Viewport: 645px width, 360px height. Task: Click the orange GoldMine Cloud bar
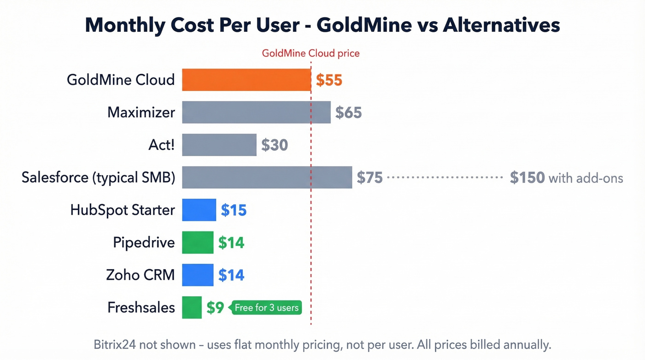(246, 80)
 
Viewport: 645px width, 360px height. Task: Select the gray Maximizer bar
(256, 112)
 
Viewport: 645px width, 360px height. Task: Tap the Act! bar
(219, 145)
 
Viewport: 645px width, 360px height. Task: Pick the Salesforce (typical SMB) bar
(267, 177)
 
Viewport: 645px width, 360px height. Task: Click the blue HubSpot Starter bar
(199, 210)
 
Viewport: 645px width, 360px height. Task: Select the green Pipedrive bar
(198, 242)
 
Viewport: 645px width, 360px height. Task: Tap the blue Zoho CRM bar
(198, 275)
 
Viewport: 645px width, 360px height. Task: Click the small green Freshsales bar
(192, 307)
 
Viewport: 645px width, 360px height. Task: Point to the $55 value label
(329, 80)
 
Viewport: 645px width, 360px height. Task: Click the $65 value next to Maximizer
(348, 112)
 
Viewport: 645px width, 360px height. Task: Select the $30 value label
(275, 145)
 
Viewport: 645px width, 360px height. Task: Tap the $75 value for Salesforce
(369, 178)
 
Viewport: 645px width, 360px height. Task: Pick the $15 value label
(234, 210)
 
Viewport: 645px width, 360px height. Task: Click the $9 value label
(215, 307)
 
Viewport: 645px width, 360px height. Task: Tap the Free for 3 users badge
(267, 307)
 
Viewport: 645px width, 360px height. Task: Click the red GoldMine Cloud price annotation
(311, 53)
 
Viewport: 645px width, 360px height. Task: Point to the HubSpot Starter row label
(123, 210)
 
